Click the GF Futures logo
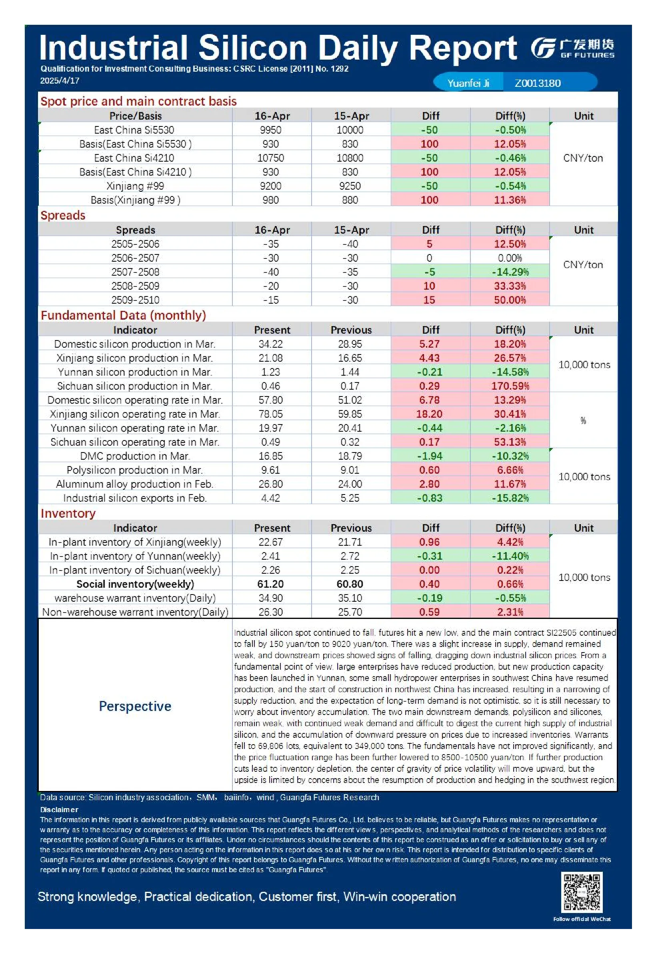tap(572, 48)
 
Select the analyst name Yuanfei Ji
tap(468, 83)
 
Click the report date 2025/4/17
tap(60, 80)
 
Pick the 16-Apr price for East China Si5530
tap(270, 130)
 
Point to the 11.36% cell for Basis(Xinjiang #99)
tap(510, 200)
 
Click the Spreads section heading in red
tap(63, 215)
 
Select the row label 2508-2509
tap(135, 286)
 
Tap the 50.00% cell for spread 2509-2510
tap(510, 300)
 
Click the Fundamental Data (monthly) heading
tap(123, 315)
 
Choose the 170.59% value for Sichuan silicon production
tap(510, 386)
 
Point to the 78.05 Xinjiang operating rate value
tap(270, 414)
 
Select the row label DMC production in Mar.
tap(135, 456)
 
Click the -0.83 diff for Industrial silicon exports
tap(430, 498)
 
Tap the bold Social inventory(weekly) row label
tap(135, 584)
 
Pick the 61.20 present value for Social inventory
tap(270, 584)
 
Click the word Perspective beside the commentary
tap(135, 706)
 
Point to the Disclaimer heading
tap(59, 809)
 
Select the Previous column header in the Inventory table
tap(351, 528)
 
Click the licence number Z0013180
tap(538, 83)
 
